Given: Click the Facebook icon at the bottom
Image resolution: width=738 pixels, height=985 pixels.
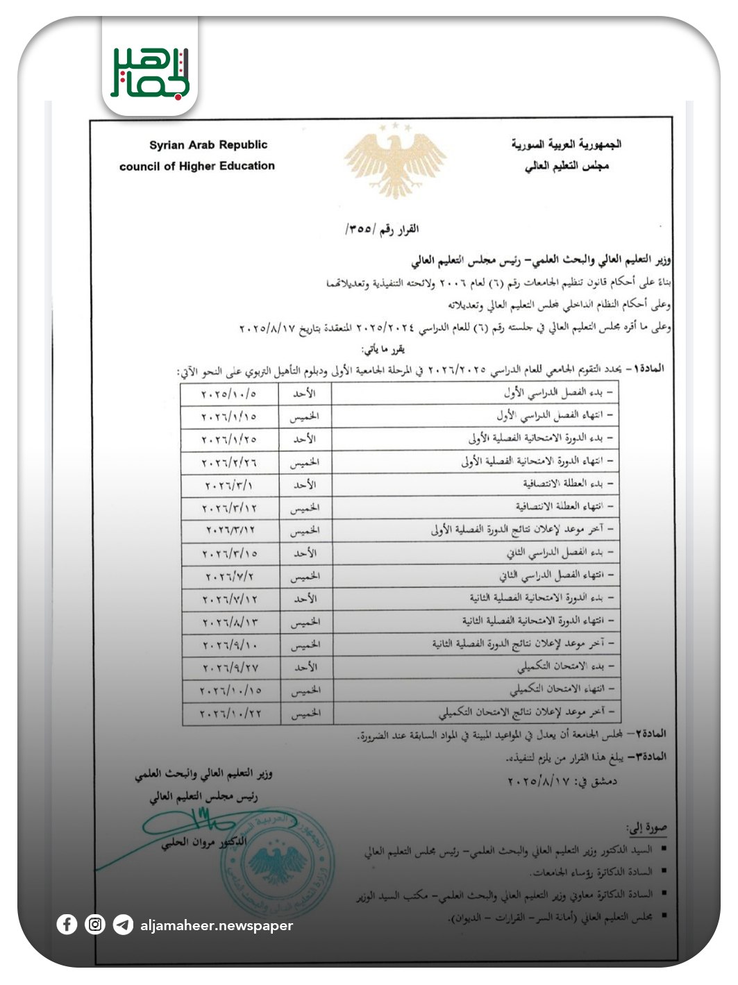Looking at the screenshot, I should tap(67, 925).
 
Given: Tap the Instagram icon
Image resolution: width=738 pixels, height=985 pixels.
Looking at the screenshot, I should tap(95, 925).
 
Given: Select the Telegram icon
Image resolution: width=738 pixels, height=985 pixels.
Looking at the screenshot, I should tap(123, 925).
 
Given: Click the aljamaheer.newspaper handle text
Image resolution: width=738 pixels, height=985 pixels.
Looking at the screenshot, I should tap(217, 925).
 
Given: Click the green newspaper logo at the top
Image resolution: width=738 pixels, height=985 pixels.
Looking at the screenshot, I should tap(150, 71).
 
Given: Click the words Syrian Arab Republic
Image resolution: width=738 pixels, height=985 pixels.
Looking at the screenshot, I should tap(208, 145).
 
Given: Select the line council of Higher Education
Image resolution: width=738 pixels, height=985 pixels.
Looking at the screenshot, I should tap(197, 166).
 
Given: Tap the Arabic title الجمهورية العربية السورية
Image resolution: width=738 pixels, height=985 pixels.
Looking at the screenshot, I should tap(566, 144).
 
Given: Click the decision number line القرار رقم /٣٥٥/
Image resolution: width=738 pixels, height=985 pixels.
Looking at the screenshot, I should tap(382, 228).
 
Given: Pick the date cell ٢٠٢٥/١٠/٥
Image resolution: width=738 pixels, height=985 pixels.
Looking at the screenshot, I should tap(229, 394).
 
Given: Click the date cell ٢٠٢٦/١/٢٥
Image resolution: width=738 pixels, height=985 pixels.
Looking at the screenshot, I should tap(229, 439).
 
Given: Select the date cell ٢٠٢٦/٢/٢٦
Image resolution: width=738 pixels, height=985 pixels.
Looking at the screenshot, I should tap(229, 462).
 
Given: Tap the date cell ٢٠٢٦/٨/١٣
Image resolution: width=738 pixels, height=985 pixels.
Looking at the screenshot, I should tap(229, 622).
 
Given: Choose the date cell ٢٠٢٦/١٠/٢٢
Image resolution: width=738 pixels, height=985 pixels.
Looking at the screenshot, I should tap(230, 714).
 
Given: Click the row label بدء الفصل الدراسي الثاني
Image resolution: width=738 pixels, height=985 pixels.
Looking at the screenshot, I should tap(560, 553).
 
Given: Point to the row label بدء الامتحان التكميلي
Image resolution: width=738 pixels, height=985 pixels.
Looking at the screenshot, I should tap(566, 667).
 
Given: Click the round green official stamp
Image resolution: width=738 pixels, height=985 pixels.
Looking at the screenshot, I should tap(278, 863).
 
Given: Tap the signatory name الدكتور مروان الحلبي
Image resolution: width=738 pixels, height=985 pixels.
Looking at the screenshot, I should tap(203, 843).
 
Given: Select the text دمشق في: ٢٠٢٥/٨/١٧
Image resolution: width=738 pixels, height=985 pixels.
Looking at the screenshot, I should tap(562, 781).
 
